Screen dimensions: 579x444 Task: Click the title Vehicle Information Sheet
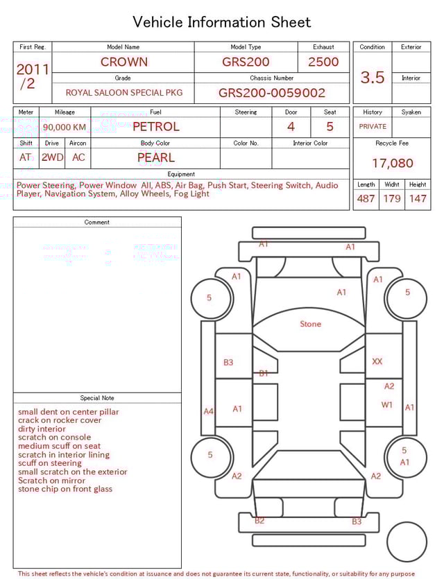[221, 22]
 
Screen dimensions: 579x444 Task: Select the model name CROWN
[123, 62]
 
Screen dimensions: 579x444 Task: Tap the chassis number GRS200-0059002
[271, 92]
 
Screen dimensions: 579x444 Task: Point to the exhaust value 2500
[323, 62]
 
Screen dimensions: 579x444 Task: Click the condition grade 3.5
[373, 77]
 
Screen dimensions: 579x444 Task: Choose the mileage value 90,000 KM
[65, 127]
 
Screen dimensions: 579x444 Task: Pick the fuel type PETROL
[155, 126]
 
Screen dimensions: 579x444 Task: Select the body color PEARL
[155, 157]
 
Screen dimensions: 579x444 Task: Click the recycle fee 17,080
[392, 163]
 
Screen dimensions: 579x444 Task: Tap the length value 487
[366, 199]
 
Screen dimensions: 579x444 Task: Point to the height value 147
[418, 199]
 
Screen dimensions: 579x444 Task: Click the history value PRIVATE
[373, 126]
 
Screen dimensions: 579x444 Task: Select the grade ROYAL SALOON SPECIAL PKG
[124, 92]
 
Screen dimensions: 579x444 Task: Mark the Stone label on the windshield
[310, 324]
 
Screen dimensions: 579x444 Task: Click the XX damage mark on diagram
[377, 361]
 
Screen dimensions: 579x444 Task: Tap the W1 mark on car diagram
[386, 404]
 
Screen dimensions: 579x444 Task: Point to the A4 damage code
[208, 411]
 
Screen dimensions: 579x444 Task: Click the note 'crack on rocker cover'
[60, 420]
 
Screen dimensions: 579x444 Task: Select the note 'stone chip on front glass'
[65, 489]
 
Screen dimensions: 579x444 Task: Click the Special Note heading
[97, 398]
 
